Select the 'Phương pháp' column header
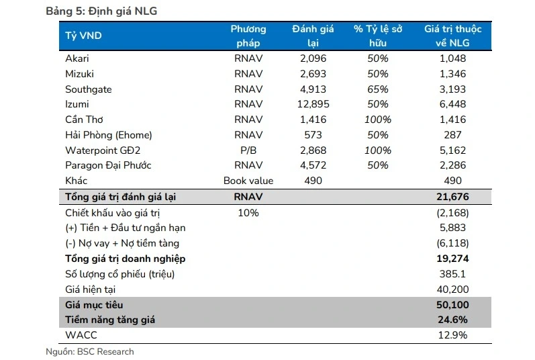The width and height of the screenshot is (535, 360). (248, 36)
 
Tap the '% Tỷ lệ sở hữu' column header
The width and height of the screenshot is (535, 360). (378, 36)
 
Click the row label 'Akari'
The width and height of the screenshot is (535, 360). (77, 58)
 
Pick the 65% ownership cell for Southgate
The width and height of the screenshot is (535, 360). (378, 89)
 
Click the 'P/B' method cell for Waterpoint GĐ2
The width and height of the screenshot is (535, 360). (248, 150)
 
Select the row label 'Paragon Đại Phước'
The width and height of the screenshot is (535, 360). (108, 166)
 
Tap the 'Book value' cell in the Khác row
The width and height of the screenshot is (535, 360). (248, 181)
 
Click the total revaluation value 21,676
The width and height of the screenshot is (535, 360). (452, 197)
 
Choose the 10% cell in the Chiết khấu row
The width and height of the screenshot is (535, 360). (248, 212)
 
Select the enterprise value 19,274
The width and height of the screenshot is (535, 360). (452, 259)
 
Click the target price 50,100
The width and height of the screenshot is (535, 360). (452, 305)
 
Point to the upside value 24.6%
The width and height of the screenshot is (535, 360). (453, 320)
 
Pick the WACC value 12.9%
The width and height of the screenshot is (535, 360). (453, 335)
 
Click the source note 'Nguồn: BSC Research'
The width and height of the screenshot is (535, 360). (89, 352)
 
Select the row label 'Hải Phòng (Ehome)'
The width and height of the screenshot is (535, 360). (108, 135)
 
